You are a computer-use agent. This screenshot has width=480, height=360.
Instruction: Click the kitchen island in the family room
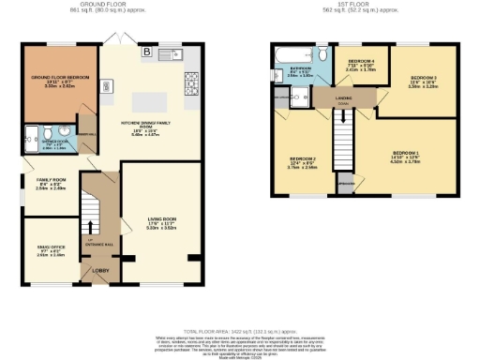pyautogui.click(x=152, y=100)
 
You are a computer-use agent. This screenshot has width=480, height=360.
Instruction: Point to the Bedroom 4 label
pyautogui.click(x=361, y=64)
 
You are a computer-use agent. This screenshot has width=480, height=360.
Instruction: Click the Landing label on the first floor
pyautogui.click(x=345, y=99)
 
